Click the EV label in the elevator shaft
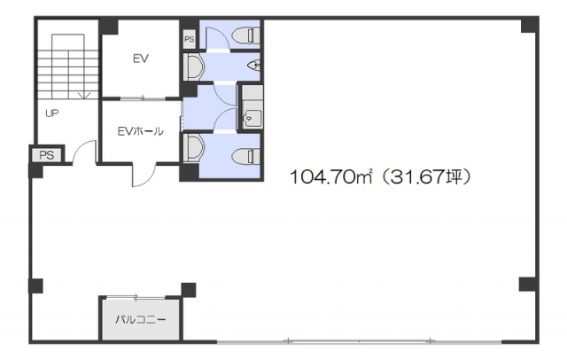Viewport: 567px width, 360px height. (141, 59)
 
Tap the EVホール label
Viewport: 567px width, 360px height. (141, 131)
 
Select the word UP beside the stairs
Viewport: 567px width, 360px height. (52, 113)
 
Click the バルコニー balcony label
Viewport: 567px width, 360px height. (141, 319)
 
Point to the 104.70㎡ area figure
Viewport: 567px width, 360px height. (330, 177)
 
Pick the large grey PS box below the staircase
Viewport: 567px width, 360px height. (47, 155)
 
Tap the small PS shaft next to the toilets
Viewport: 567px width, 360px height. (189, 39)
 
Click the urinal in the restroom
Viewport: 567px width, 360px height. (253, 66)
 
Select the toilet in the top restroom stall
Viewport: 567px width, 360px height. (246, 35)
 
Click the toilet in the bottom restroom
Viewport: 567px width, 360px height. (246, 156)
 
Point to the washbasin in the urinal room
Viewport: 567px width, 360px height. (194, 67)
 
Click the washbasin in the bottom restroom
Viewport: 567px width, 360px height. (194, 147)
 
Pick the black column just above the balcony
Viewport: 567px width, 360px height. (189, 290)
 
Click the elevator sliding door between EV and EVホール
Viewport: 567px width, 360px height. (144, 98)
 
